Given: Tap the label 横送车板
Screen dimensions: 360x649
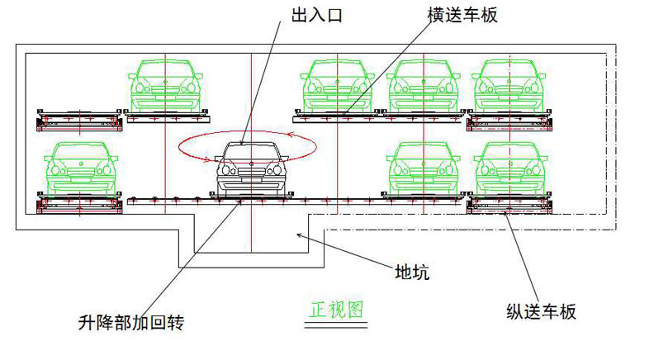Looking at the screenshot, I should point(462,16).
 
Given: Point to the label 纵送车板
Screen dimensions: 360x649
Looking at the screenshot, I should point(540,311).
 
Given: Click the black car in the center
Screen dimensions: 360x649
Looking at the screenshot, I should point(249,169).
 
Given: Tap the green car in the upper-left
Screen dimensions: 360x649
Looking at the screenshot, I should point(165,84).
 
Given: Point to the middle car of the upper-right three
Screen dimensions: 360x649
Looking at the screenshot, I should point(423,84).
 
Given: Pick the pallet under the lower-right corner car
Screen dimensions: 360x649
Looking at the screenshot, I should point(506,203).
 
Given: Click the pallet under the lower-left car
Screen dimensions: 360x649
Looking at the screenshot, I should point(81,203).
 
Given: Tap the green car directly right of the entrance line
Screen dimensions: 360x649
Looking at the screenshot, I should point(337,84).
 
